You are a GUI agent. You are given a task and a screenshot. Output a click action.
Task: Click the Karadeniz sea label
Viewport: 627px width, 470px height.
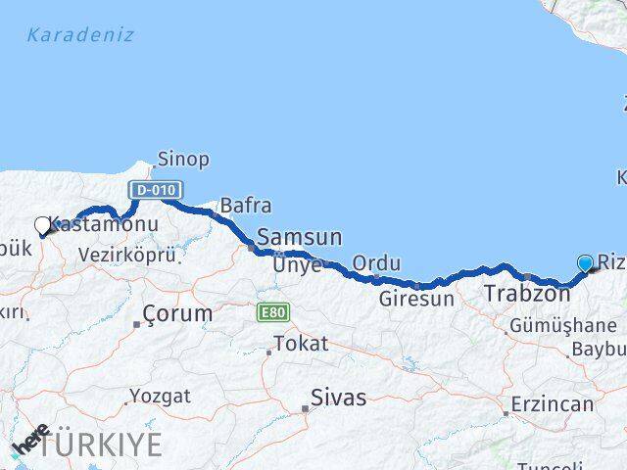point(80,35)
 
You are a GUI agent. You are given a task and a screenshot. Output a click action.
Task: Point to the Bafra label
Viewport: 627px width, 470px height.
point(246,206)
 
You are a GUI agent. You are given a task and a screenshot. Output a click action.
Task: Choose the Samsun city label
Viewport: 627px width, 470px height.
point(299,237)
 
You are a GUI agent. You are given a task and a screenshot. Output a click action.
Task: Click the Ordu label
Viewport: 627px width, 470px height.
point(376,262)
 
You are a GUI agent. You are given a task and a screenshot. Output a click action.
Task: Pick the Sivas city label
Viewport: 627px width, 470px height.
point(338,398)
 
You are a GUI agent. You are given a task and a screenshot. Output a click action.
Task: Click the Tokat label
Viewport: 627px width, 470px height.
point(301,344)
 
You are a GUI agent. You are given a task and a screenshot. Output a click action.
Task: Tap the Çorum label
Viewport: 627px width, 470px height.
point(177,313)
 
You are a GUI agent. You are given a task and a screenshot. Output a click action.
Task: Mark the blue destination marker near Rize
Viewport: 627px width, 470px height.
point(586,263)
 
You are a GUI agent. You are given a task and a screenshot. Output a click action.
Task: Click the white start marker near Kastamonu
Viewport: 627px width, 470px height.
point(42,226)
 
